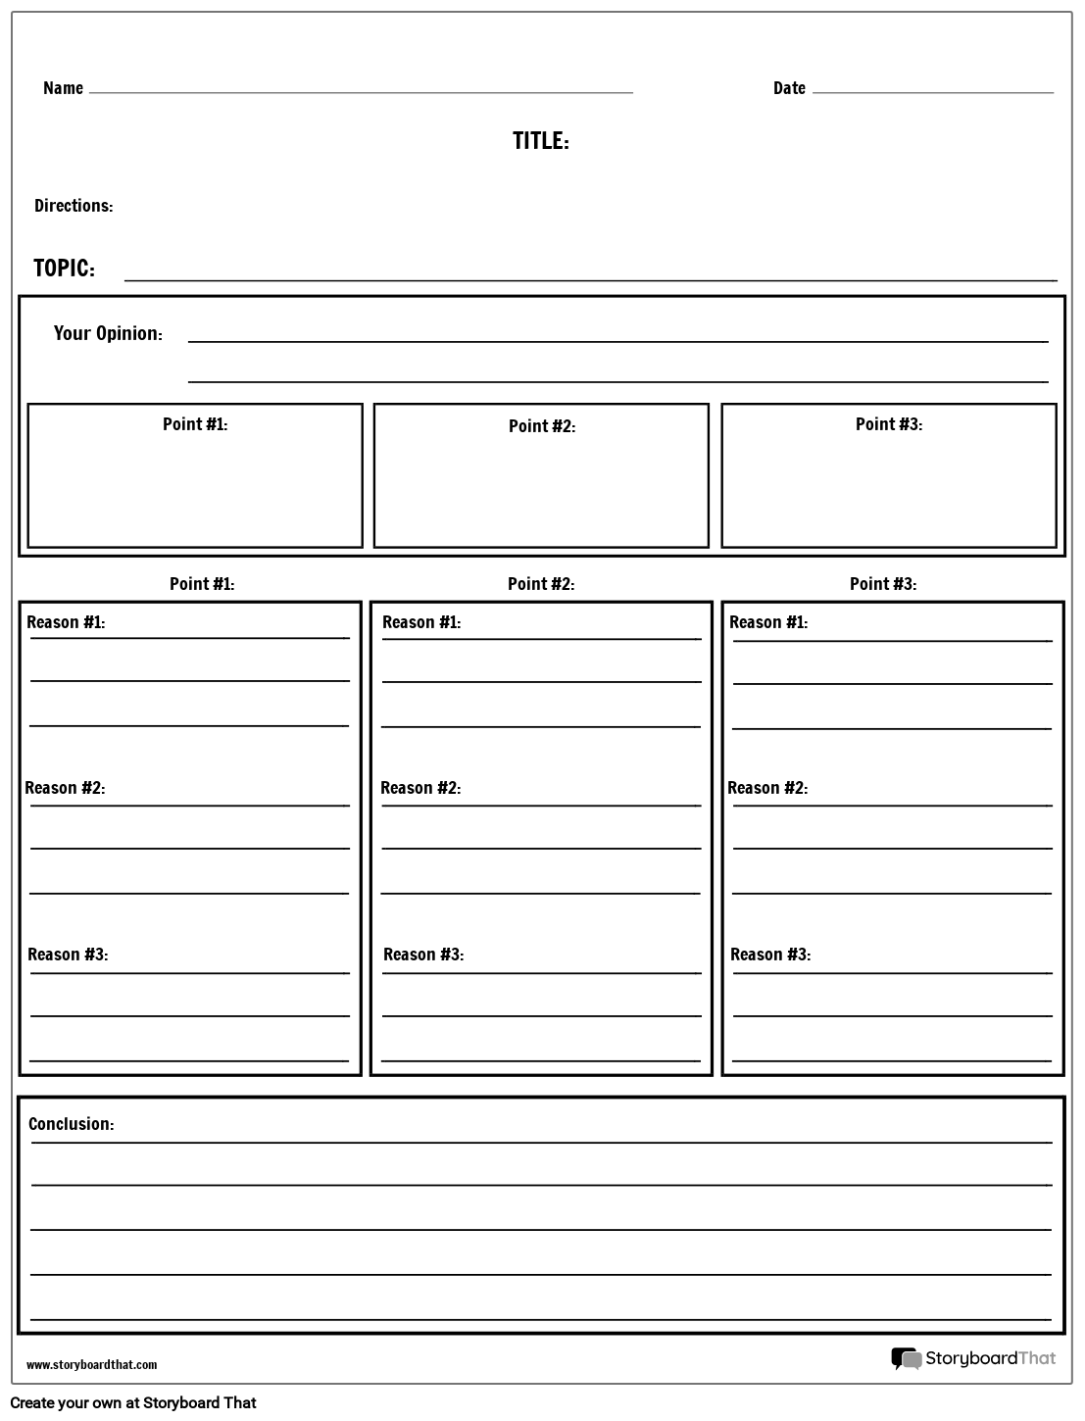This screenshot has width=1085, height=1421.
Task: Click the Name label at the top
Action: (63, 88)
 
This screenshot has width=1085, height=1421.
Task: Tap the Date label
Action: (789, 88)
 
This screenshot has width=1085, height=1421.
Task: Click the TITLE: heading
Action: (540, 141)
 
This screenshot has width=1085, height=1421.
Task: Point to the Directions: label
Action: (74, 206)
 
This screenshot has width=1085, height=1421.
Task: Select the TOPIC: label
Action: (64, 269)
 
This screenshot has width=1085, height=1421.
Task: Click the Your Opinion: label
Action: (108, 333)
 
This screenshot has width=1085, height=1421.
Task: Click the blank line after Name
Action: (361, 91)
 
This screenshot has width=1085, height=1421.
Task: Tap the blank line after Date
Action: (932, 91)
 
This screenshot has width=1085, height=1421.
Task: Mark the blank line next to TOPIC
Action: (590, 278)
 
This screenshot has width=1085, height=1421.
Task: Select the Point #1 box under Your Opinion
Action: (195, 476)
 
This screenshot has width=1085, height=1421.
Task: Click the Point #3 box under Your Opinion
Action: (889, 476)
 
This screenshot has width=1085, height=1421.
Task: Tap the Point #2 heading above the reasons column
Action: (541, 584)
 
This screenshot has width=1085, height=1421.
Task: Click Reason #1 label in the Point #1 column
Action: (66, 622)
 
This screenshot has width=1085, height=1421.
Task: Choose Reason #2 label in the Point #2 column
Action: (420, 788)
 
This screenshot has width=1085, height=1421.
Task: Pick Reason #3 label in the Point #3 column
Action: (770, 955)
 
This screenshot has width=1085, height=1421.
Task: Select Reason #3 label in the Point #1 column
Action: (68, 955)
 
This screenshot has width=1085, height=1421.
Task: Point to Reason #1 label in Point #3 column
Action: (768, 622)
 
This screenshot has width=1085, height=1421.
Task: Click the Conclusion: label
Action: (71, 1124)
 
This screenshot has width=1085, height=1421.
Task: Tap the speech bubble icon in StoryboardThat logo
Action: (906, 1358)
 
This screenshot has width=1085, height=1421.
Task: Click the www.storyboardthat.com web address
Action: (91, 1365)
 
